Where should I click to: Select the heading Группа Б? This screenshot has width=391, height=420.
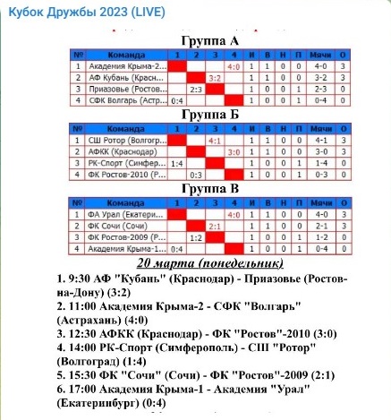[208, 116]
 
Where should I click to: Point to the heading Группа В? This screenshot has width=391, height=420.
[208, 190]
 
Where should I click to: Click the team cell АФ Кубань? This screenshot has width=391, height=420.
[126, 77]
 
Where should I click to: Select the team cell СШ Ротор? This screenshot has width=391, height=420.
[126, 140]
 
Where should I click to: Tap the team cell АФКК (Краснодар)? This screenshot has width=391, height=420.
[126, 151]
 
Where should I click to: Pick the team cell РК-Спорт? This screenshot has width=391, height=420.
[126, 163]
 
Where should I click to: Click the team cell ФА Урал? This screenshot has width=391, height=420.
[126, 214]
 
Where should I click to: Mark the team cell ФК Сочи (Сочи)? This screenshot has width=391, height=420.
[126, 226]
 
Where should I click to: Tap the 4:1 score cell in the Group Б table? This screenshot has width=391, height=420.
[216, 141]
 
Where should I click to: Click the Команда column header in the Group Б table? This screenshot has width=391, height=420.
[126, 127]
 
